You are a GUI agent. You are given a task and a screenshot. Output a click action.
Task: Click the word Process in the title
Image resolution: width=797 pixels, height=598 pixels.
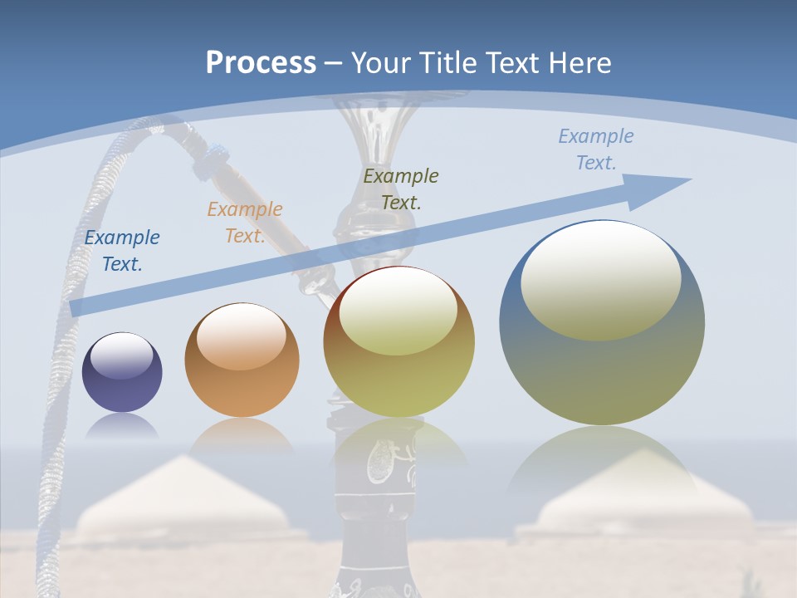(x=261, y=63)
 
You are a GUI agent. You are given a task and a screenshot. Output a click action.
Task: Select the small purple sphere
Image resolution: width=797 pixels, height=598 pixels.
(x=122, y=372)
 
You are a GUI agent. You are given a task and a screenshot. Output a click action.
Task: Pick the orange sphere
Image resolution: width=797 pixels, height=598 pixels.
(x=242, y=360)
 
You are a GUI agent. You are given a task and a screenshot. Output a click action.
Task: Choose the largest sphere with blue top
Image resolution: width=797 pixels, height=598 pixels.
(x=602, y=324)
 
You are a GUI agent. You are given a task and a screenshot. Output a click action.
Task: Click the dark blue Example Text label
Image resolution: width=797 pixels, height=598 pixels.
(x=122, y=251)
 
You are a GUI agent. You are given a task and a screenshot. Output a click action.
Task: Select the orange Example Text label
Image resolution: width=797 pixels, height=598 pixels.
(x=245, y=223)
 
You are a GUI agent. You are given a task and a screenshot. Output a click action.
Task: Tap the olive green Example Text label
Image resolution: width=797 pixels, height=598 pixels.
(x=401, y=189)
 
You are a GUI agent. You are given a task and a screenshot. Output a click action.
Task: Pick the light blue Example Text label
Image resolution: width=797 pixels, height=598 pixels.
(x=596, y=149)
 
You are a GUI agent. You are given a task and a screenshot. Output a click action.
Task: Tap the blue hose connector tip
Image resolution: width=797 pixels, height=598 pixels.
(x=218, y=154)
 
